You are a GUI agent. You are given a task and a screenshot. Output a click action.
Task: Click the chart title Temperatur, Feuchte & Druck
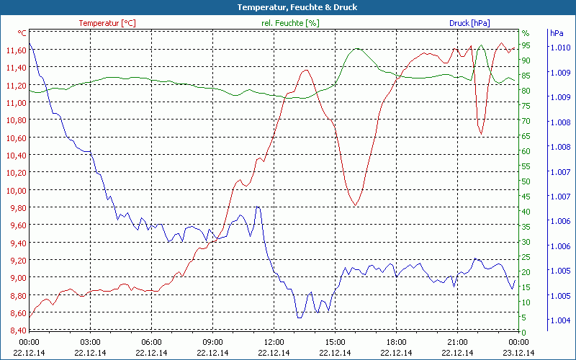point(287,7)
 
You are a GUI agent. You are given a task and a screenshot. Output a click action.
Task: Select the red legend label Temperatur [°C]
point(107,23)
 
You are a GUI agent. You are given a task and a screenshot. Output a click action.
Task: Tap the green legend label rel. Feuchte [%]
point(289,23)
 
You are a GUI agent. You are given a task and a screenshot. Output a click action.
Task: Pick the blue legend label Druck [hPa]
point(469,23)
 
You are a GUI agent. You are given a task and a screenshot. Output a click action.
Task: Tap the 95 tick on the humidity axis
point(526,45)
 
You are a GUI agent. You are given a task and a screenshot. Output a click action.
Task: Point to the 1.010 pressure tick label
point(560,48)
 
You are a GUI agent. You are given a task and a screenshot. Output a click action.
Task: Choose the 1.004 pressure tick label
point(560,320)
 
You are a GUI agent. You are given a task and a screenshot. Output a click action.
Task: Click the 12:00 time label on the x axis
point(274,342)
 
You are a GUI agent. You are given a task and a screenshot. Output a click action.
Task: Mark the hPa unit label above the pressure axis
point(557,33)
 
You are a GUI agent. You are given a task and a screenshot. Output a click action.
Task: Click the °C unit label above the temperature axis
point(22,33)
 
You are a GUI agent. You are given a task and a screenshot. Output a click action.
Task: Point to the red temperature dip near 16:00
point(355,206)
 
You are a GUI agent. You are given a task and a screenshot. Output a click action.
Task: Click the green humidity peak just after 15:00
point(356,49)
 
